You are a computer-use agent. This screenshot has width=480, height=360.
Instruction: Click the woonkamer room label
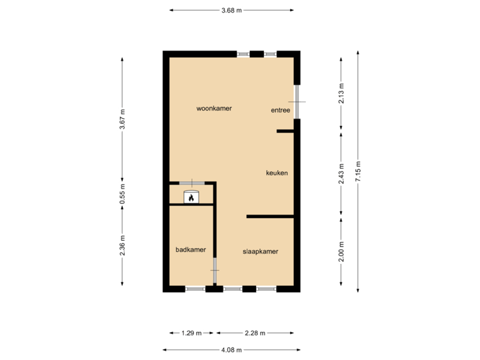tap(214, 108)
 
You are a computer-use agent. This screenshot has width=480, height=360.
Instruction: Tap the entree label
tap(280, 111)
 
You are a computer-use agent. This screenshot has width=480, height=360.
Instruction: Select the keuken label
tap(277, 173)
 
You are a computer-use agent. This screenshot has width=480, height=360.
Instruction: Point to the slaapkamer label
tap(259, 251)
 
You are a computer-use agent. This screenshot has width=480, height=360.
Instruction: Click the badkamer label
tap(191, 250)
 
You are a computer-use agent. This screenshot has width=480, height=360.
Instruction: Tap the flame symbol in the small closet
tap(191, 197)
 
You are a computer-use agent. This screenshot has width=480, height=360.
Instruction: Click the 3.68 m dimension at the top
tap(231, 10)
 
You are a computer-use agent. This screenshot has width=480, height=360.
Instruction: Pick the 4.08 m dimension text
tap(231, 349)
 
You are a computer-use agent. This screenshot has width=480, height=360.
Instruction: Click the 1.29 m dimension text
tap(190, 333)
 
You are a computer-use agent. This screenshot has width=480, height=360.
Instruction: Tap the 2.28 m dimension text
tap(255, 333)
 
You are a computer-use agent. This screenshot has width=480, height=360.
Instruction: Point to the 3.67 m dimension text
tap(122, 120)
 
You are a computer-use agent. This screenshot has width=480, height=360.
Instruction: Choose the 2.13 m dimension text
tap(341, 94)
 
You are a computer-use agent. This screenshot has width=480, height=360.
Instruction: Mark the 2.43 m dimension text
tap(341, 173)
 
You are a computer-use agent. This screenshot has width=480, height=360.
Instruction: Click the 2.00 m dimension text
tap(341, 251)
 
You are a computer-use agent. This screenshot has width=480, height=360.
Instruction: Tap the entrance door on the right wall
tap(298, 101)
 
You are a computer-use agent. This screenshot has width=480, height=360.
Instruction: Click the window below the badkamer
tap(195, 289)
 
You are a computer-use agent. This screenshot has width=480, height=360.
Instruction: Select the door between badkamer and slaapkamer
tap(215, 272)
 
